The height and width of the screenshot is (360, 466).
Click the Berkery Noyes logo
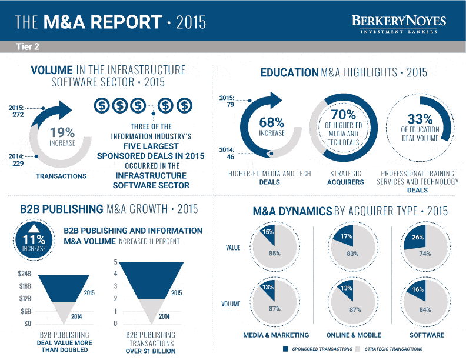coord(398,24)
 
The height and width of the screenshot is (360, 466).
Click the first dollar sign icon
coord(102,106)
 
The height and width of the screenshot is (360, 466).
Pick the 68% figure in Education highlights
coord(272,123)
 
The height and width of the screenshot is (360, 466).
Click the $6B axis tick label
coord(24,311)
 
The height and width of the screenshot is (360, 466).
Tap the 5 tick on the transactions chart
coord(116,262)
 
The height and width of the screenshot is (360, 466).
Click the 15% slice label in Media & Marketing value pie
coord(269,232)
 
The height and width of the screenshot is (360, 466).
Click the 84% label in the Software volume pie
coord(425,309)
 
